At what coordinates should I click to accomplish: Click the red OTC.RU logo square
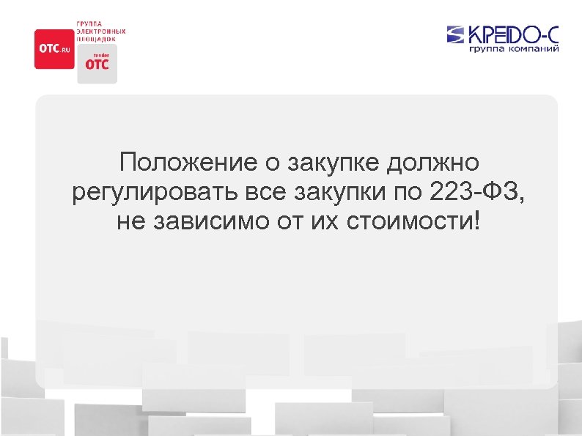54,48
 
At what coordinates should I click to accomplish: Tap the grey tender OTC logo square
97,64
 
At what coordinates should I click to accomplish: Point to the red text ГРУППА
89,24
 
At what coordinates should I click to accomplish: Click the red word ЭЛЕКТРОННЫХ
101,32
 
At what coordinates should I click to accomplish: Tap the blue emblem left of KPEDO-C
455,34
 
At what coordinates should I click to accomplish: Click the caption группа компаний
515,50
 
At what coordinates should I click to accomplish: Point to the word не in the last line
130,222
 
